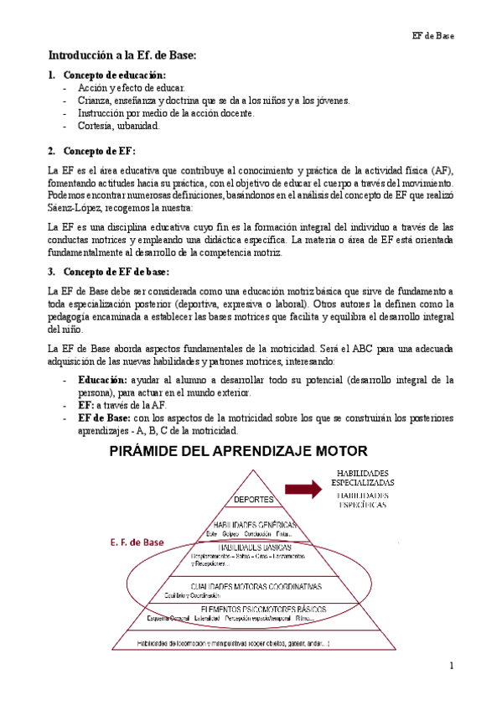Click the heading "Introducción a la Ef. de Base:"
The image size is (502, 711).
pos(122,55)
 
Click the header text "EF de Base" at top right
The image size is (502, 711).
pos(432,35)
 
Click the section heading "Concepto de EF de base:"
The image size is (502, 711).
pos(116,272)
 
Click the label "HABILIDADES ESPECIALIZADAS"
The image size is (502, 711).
pos(363,477)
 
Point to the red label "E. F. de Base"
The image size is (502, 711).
pos(136,542)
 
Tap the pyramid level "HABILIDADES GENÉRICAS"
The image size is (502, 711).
pos(251,525)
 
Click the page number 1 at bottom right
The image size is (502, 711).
pos(450,666)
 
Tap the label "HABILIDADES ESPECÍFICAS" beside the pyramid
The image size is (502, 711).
pos(363,501)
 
